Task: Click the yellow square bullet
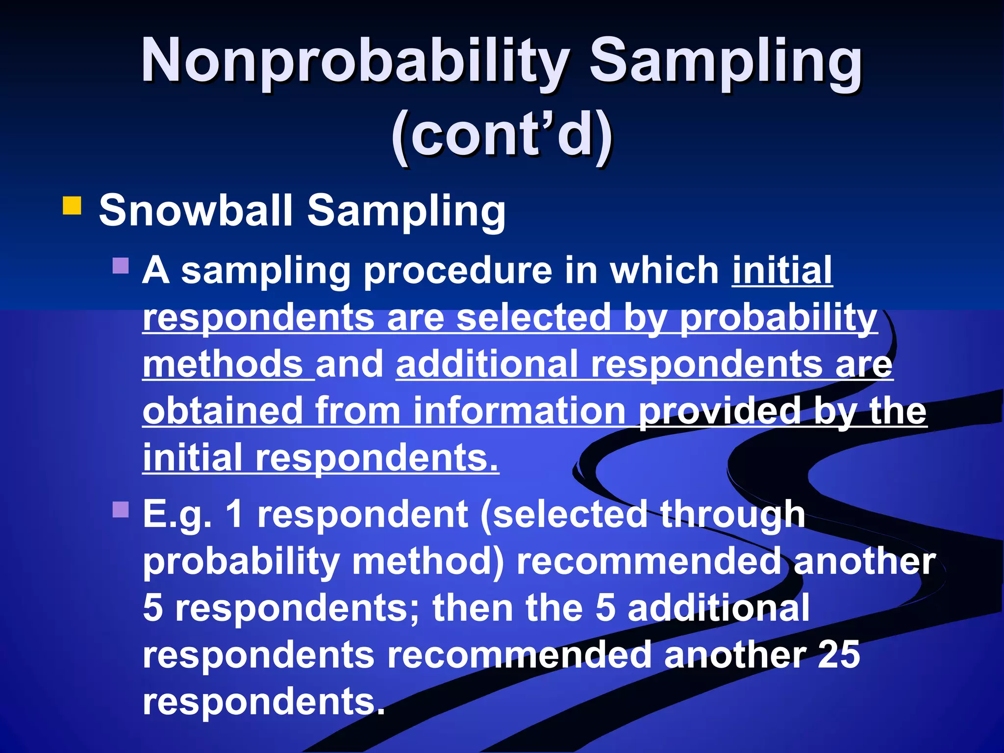click(x=72, y=206)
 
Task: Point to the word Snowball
click(x=196, y=210)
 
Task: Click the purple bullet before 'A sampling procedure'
click(x=120, y=266)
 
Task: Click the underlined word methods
click(x=223, y=364)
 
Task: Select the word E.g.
click(x=177, y=515)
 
